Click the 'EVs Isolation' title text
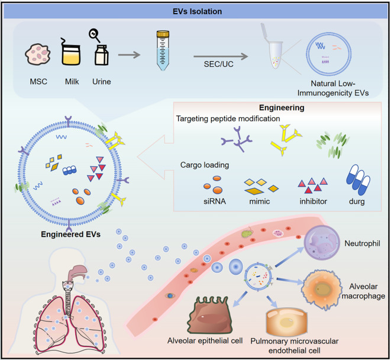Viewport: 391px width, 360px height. click(x=197, y=11)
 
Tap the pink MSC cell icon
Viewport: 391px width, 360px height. click(x=38, y=54)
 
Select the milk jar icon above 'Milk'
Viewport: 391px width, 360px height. click(x=71, y=52)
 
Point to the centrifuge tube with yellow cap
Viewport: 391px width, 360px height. click(x=163, y=50)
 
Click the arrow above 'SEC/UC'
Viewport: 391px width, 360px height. click(x=221, y=56)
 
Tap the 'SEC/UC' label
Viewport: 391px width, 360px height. click(x=219, y=64)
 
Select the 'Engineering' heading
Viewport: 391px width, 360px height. click(x=282, y=108)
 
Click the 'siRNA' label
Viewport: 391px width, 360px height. click(x=215, y=201)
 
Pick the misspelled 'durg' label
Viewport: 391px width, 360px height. click(x=357, y=201)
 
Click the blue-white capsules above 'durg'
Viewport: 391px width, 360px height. click(x=358, y=180)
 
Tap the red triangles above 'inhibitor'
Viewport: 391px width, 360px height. click(x=313, y=185)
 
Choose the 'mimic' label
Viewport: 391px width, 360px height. click(x=260, y=201)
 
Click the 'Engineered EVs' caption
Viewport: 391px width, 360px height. click(x=71, y=234)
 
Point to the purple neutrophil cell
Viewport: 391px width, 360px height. click(x=322, y=243)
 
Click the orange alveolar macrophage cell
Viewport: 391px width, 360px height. click(x=321, y=290)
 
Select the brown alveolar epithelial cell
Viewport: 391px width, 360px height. click(x=211, y=315)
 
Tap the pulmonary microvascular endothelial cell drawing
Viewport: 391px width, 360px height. click(x=287, y=322)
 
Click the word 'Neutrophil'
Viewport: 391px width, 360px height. click(x=363, y=243)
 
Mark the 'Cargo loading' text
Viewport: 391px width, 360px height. click(x=205, y=165)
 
